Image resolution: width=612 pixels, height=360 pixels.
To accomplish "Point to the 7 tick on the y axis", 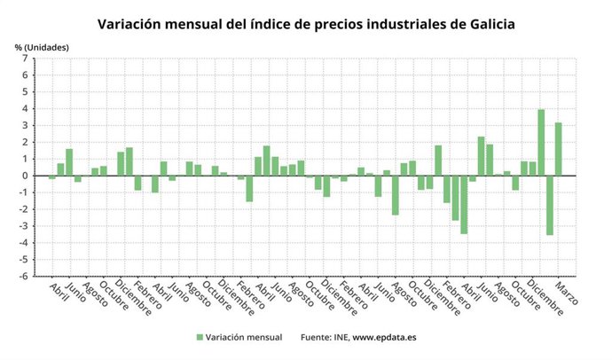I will [x=27, y=59].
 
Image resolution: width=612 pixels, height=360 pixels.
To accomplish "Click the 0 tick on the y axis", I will [x=27, y=176].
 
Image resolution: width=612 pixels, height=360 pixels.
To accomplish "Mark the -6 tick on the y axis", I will [x=25, y=276].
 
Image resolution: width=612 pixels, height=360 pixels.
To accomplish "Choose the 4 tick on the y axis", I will [x=27, y=109].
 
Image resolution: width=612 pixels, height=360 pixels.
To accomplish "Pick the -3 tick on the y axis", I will [x=25, y=226].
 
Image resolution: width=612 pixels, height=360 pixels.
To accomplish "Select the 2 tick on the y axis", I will [x=27, y=142].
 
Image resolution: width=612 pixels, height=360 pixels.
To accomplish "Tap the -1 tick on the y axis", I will [x=25, y=192].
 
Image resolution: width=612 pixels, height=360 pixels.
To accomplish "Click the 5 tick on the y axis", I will [x=27, y=92].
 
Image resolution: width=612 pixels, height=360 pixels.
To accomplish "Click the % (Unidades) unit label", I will [x=41, y=46].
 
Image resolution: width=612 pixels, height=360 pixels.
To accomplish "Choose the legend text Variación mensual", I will [x=244, y=337].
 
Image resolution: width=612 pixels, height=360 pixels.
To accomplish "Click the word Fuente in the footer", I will [x=319, y=337].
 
